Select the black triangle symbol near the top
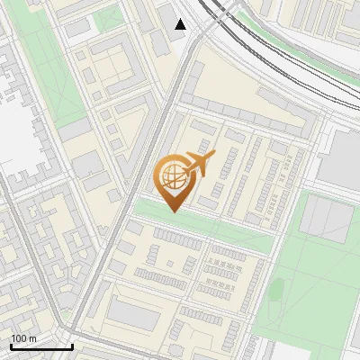(x=181, y=24)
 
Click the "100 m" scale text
(x=24, y=338)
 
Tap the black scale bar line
(x=41, y=346)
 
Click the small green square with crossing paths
(x=109, y=18)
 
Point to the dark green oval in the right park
(x=277, y=290)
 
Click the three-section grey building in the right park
(x=326, y=220)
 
